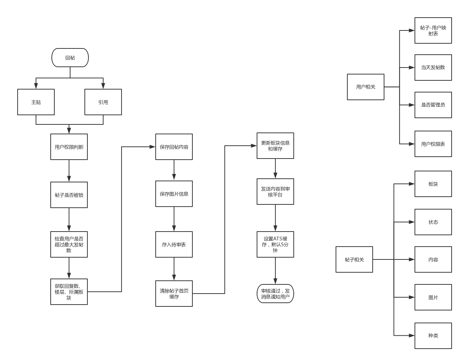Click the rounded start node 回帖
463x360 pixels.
point(70,58)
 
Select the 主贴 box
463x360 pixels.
point(36,102)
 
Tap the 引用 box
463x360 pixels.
point(103,102)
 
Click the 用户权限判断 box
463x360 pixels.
point(69,147)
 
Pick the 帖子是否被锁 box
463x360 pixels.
point(69,195)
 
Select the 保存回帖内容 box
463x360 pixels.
point(174,147)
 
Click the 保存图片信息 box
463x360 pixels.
point(174,194)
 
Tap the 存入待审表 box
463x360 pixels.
point(174,244)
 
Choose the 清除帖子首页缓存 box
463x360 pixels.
point(174,294)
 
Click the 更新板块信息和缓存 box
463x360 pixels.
point(275,146)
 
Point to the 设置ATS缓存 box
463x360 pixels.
point(275,244)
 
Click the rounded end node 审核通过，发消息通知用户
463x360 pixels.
point(275,294)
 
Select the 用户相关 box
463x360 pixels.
point(366,87)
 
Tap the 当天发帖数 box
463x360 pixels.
point(433,68)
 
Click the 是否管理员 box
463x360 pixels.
point(433,105)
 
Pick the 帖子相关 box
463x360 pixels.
point(354,259)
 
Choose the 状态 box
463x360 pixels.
point(433,222)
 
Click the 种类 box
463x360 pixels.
point(433,335)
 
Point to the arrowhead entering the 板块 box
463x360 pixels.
point(412,184)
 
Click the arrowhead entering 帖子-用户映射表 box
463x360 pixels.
point(412,30)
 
